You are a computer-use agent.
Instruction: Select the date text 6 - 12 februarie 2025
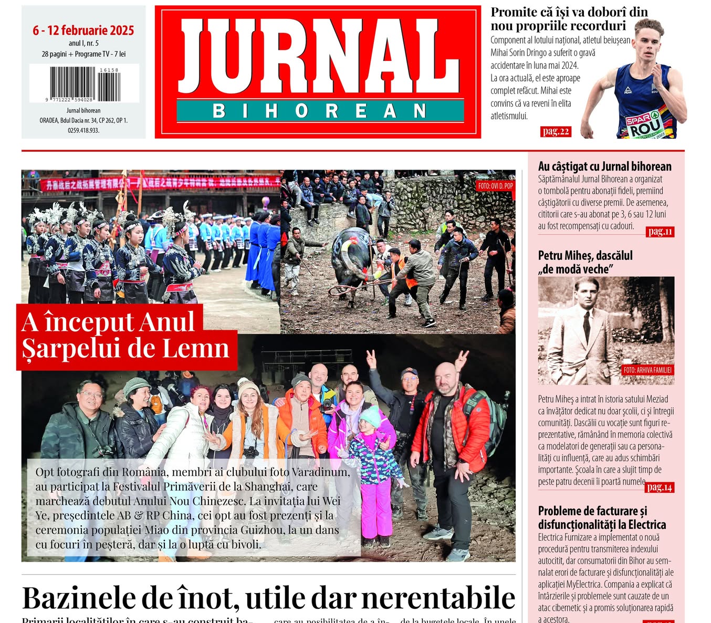pos(83,30)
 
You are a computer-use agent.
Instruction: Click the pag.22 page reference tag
pos(555,131)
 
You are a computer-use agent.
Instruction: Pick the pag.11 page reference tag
pos(660,232)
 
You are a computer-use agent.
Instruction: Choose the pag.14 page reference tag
pos(659,487)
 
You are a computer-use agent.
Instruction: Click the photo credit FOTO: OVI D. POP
pos(495,186)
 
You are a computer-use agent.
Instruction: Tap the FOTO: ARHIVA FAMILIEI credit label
pos(647,370)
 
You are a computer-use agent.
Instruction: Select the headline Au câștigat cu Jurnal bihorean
pos(604,167)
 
